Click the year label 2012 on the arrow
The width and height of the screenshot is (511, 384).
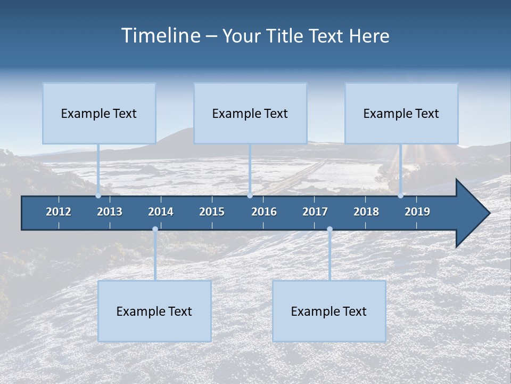point(59,212)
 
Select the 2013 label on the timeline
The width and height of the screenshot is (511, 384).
point(110,212)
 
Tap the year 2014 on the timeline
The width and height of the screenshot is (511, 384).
point(161,212)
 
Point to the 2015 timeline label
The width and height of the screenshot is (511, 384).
point(212,212)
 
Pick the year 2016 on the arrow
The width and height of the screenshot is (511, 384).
point(264,212)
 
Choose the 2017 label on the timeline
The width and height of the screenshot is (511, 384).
point(315,212)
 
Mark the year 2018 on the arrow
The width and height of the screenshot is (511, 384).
point(366,212)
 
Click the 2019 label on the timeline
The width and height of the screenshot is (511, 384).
point(417,212)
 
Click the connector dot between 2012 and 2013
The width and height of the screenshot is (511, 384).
point(98,196)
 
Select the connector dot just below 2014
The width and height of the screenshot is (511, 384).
point(155,229)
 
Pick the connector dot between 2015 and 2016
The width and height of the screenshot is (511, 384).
point(250,196)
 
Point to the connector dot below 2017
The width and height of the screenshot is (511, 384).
point(329,229)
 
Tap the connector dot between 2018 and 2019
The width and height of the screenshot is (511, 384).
point(400,196)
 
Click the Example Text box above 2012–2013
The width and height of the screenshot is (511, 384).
point(99,113)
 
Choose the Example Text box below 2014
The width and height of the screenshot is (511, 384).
point(154,311)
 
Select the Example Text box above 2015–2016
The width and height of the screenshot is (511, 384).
point(250,113)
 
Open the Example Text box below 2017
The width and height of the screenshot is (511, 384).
point(329,311)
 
